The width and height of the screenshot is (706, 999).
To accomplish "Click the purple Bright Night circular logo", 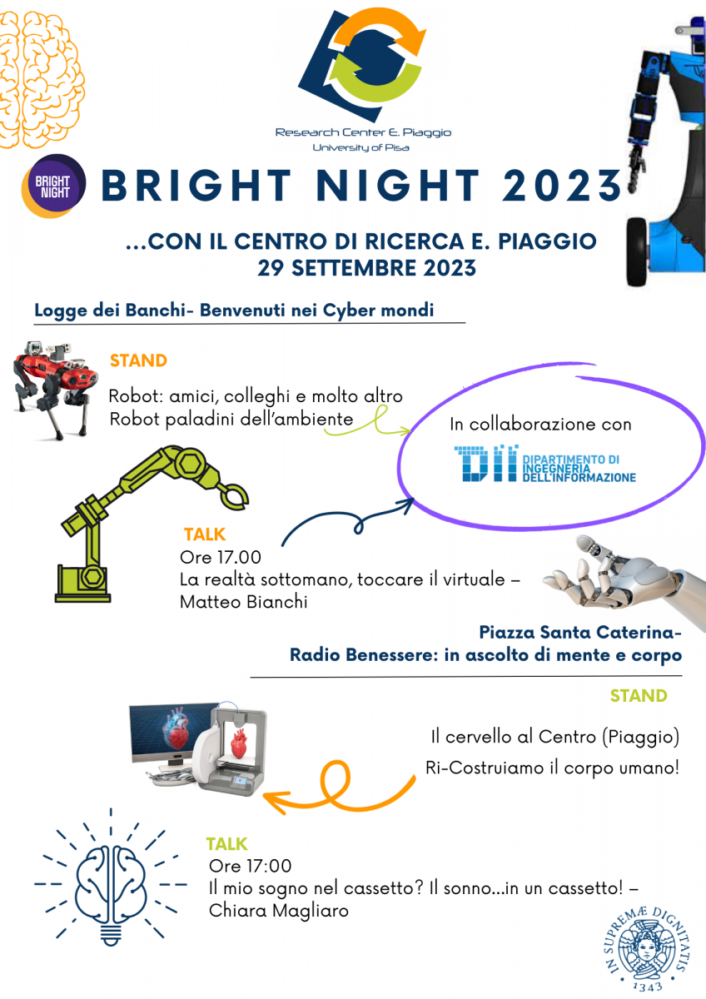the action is click(x=54, y=186).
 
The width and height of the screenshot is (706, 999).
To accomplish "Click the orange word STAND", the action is click(x=138, y=360).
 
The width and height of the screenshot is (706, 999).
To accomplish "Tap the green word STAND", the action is click(x=639, y=696).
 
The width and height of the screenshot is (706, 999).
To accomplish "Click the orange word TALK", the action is click(x=205, y=534).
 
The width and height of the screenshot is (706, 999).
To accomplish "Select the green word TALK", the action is click(x=226, y=844).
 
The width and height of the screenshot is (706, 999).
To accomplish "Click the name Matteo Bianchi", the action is click(x=243, y=602).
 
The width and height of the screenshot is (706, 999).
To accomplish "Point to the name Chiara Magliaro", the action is click(x=279, y=911).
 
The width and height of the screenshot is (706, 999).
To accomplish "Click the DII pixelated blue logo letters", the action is click(x=486, y=463).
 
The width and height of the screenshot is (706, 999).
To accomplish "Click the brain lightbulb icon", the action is click(x=111, y=877).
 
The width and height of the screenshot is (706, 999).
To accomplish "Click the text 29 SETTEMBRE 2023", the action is click(x=366, y=268).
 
